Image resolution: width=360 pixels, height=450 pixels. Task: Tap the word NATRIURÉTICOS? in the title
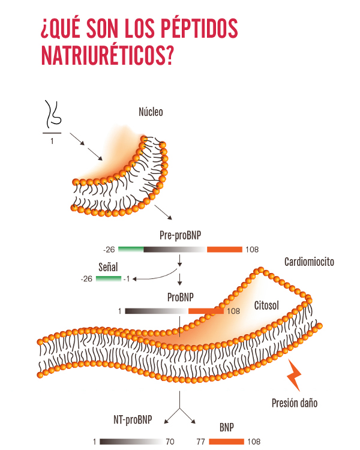108,55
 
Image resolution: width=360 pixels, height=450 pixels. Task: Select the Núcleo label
151,112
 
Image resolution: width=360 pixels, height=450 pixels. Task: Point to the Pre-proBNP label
180,235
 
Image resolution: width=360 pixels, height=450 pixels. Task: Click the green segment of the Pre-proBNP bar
131,249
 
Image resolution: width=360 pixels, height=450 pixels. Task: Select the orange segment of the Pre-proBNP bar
224,249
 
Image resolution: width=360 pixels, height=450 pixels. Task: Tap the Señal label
108,266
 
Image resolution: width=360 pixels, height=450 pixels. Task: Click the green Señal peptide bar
108,278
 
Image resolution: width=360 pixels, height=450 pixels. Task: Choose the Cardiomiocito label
309,262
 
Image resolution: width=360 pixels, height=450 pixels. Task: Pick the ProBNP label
181,297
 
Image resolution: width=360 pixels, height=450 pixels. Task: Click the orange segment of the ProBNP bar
205,311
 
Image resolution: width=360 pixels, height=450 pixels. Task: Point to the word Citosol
266,305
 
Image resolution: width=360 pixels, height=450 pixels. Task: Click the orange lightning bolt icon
294,376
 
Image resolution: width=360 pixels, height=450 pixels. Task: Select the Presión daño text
294,403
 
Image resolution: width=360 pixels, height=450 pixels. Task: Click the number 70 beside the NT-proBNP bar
170,442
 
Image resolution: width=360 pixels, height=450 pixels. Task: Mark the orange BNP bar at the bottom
226,442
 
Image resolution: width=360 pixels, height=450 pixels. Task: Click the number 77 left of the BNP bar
201,442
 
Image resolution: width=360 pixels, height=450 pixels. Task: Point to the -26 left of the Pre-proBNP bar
109,249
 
